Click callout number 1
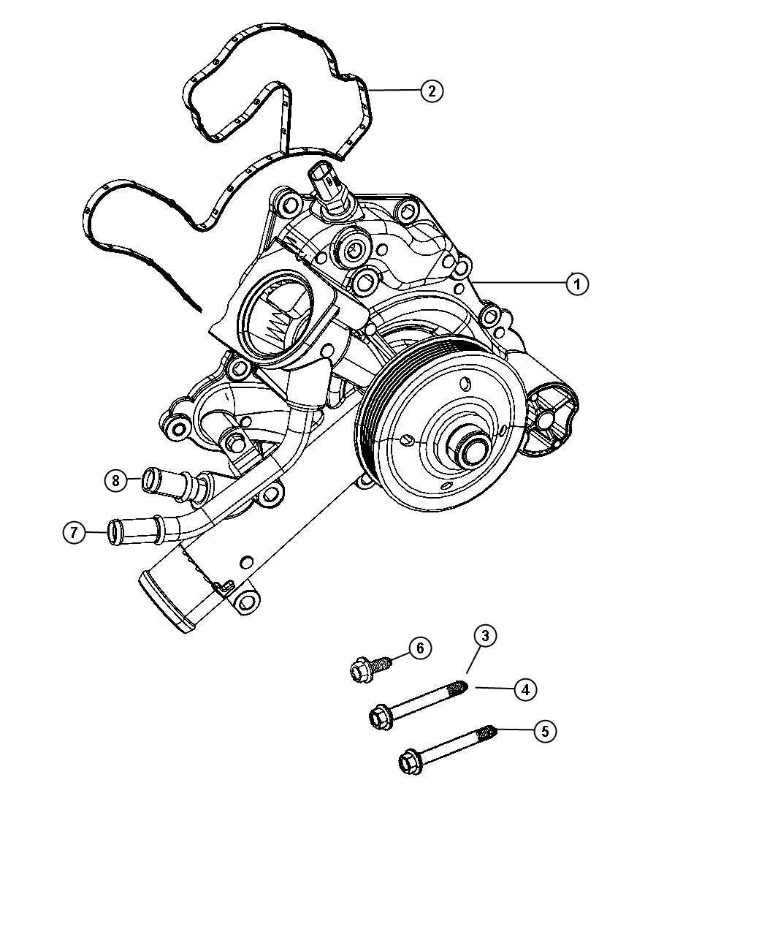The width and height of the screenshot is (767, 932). [x=577, y=284]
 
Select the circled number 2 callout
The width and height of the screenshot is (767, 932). [x=432, y=91]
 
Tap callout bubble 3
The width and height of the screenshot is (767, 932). [x=484, y=636]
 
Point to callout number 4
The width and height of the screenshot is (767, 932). [x=525, y=689]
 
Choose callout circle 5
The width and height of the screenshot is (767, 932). [x=545, y=730]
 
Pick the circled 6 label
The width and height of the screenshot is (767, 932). [x=419, y=648]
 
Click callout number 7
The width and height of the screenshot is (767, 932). [x=74, y=533]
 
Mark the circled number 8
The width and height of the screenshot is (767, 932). [x=114, y=480]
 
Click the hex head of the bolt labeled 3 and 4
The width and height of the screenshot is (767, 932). [x=381, y=717]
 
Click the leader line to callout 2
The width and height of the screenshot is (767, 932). [x=394, y=91]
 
